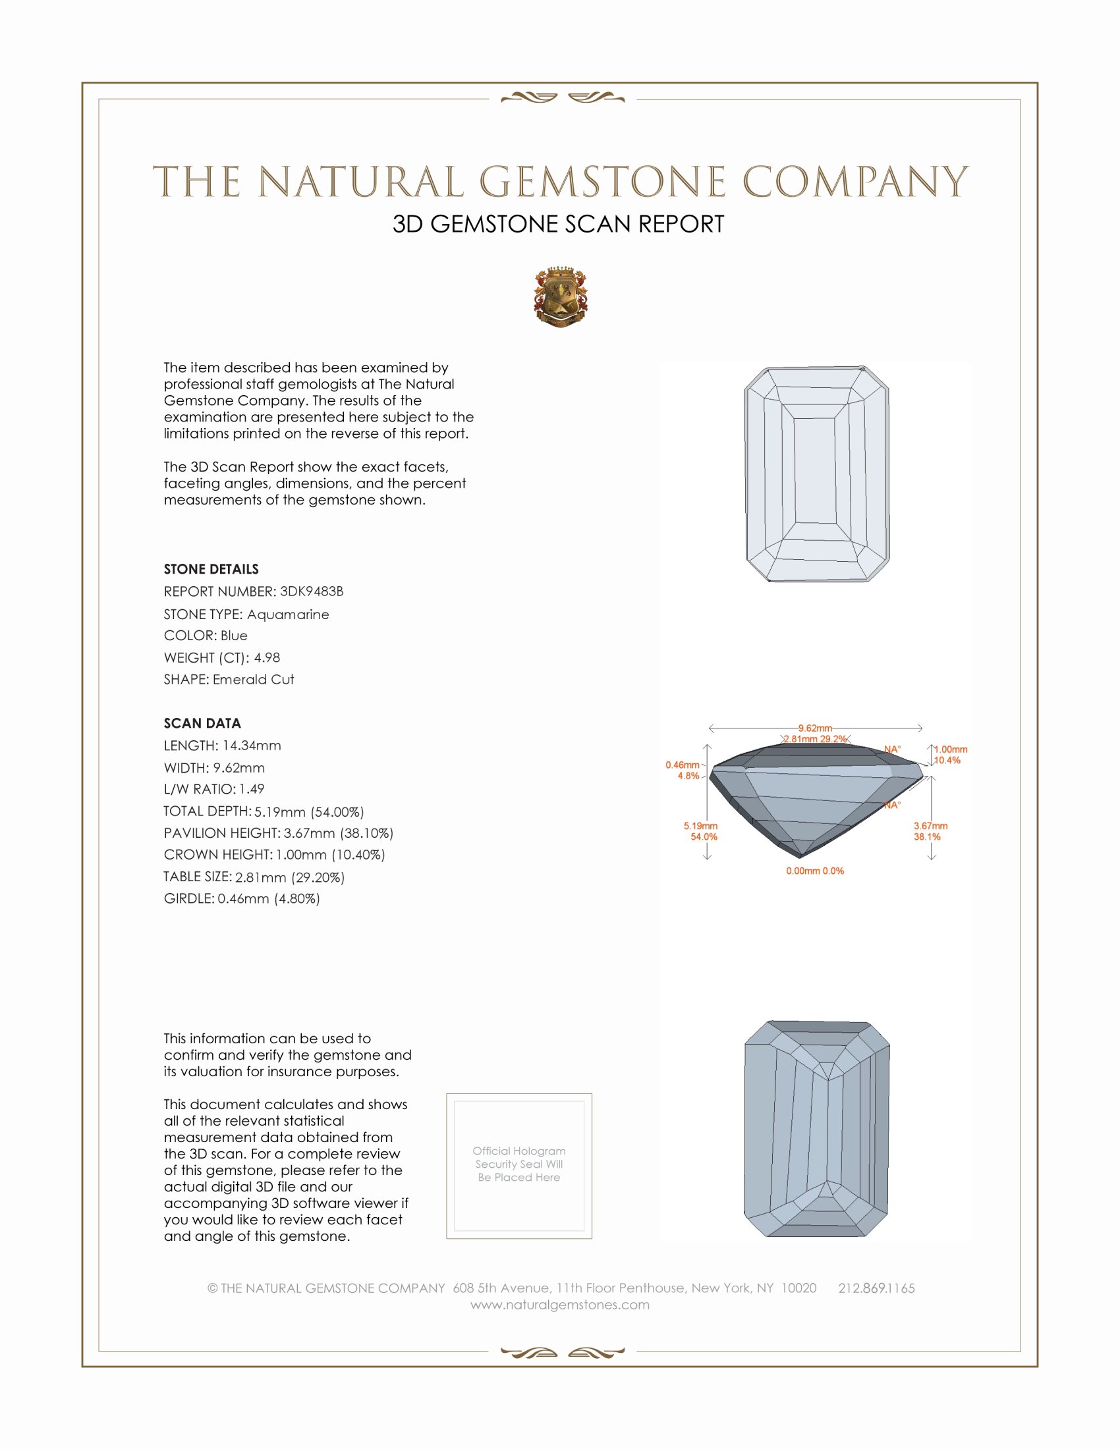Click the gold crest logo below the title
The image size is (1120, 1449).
click(x=561, y=297)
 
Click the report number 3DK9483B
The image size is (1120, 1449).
click(x=311, y=591)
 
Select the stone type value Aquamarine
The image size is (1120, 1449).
click(x=287, y=615)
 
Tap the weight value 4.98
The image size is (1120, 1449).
click(x=267, y=657)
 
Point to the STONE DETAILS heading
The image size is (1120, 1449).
click(x=211, y=569)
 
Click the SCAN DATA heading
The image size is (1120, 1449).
click(x=202, y=723)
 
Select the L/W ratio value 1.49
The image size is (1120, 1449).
click(x=252, y=789)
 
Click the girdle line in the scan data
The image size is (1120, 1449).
click(x=242, y=899)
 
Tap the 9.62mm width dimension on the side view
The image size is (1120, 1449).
click(x=815, y=728)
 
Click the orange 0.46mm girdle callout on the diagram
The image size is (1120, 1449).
click(x=682, y=765)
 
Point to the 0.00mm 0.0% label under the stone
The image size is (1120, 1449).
click(x=815, y=871)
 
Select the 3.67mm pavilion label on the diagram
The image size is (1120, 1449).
click(x=930, y=826)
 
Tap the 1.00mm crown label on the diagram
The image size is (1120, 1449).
click(x=951, y=750)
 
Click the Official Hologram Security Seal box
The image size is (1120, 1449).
click(x=519, y=1166)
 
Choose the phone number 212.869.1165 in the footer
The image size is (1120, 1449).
click(x=876, y=1288)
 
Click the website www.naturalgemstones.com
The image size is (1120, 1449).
click(x=560, y=1305)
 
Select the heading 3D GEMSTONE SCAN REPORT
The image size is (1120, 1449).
click(x=558, y=224)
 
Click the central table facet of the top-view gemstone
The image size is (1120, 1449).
click(x=814, y=470)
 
